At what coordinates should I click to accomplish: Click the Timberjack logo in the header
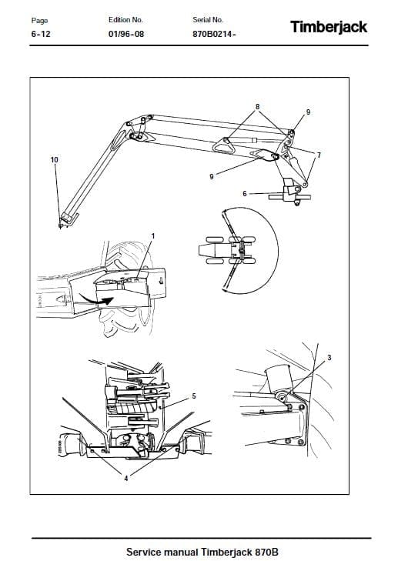pyautogui.click(x=329, y=27)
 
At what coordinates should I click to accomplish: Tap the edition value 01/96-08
pyautogui.click(x=126, y=35)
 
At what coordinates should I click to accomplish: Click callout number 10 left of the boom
pyautogui.click(x=54, y=159)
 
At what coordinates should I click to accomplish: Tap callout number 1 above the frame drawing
pyautogui.click(x=152, y=235)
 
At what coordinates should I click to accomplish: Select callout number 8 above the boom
pyautogui.click(x=258, y=105)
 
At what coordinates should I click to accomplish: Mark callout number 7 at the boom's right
pyautogui.click(x=319, y=155)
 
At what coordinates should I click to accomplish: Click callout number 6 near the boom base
pyautogui.click(x=245, y=193)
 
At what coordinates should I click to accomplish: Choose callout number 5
pyautogui.click(x=194, y=396)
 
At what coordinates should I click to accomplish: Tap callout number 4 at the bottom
pyautogui.click(x=126, y=478)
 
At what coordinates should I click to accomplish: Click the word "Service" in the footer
pyautogui.click(x=145, y=553)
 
